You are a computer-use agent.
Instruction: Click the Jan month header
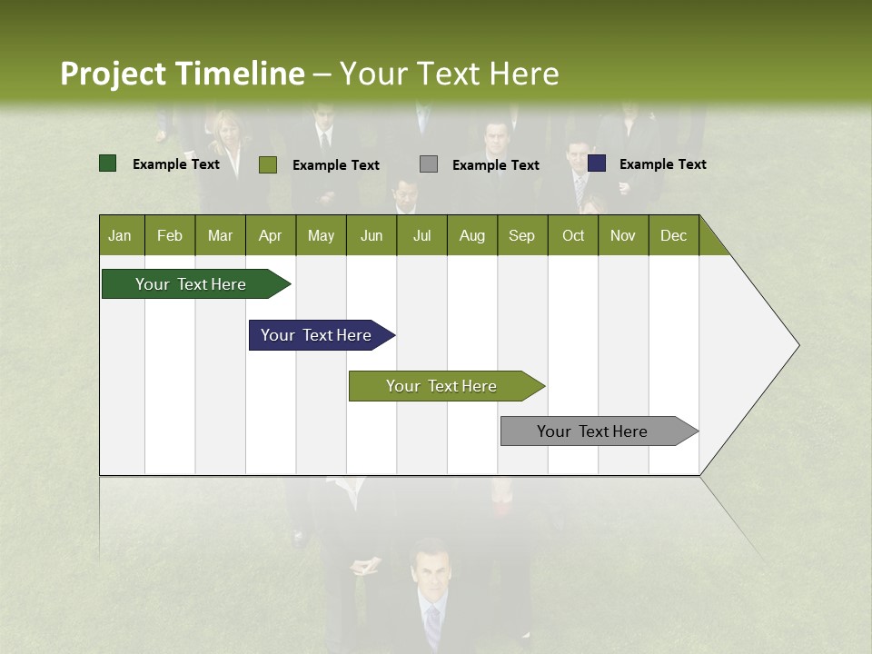pyautogui.click(x=120, y=235)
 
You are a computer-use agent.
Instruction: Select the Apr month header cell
pyautogui.click(x=270, y=235)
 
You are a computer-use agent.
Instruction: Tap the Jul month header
pyautogui.click(x=421, y=235)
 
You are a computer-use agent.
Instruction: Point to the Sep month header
pyautogui.click(x=521, y=235)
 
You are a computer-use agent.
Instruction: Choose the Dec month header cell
pyautogui.click(x=673, y=235)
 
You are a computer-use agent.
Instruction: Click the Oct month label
pyautogui.click(x=573, y=235)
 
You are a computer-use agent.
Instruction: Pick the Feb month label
pyautogui.click(x=170, y=235)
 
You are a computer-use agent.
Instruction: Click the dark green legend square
pyautogui.click(x=107, y=163)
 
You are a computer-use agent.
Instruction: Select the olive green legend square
pyautogui.click(x=267, y=164)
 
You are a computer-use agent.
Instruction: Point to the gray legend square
pyautogui.click(x=429, y=163)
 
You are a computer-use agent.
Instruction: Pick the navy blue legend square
pyautogui.click(x=597, y=163)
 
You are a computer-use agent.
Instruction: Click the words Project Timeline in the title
pyautogui.click(x=182, y=74)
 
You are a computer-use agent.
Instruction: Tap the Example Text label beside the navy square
pyautogui.click(x=662, y=164)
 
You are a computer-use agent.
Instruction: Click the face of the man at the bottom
pyautogui.click(x=430, y=570)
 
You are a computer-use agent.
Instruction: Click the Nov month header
pyautogui.click(x=623, y=235)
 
